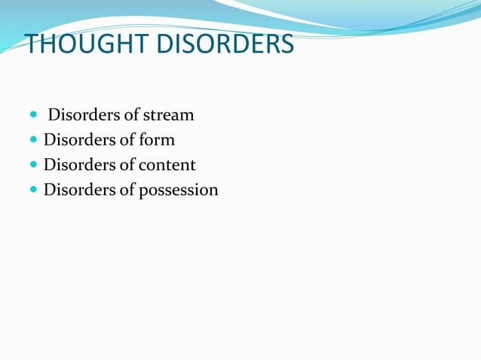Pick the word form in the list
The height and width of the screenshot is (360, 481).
pos(158,141)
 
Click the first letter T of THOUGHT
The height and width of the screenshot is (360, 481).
pos(33,44)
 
